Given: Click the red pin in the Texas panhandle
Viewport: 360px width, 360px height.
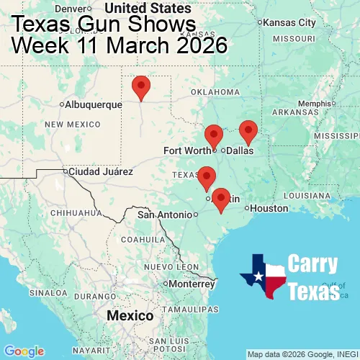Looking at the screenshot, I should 141,86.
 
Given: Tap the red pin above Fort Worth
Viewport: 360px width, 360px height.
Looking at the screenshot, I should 213,135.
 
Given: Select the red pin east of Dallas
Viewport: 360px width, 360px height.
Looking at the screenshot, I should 248,131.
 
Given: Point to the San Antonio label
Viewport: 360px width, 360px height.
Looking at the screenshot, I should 166,215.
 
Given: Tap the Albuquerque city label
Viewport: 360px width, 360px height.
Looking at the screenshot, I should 93,104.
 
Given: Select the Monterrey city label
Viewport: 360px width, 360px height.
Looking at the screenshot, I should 193,283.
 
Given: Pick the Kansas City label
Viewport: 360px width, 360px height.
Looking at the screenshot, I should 290,22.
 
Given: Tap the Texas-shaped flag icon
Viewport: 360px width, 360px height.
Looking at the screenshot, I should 264,276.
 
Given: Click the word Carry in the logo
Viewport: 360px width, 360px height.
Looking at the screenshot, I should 314,264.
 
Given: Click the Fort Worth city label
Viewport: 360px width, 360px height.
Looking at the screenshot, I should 187,150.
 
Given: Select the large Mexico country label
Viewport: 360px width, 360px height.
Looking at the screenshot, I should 130,316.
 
